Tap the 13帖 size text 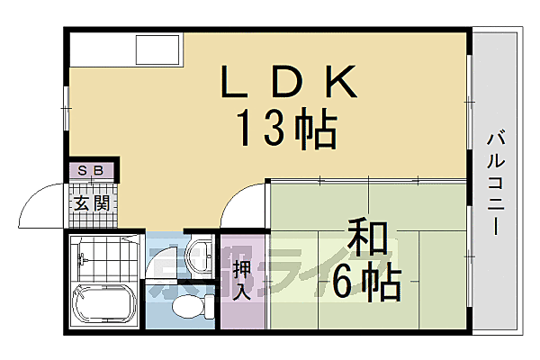coord(287,130)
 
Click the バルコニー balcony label coord(496,184)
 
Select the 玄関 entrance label coord(92,202)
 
